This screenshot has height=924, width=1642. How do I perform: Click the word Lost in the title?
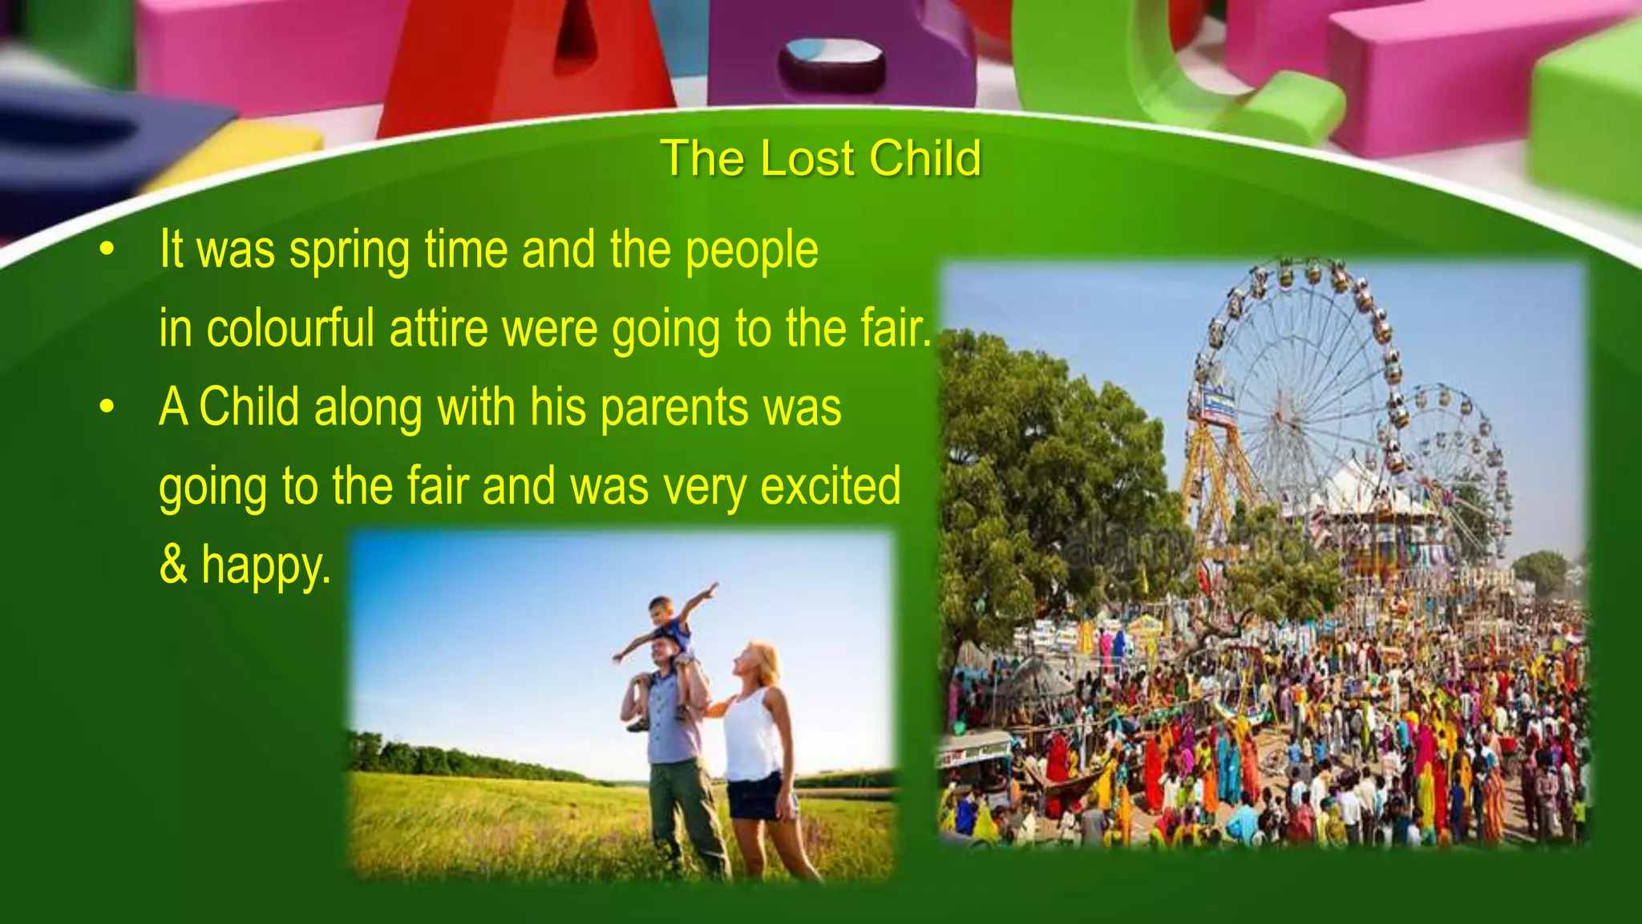coord(807,158)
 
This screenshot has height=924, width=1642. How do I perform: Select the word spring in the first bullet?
coord(350,250)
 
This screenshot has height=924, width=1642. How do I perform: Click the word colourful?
coord(290,328)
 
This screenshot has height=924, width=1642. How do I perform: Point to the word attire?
coord(438,328)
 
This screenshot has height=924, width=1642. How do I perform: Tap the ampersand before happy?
coord(172,564)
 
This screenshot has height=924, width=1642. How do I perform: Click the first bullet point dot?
coord(107,250)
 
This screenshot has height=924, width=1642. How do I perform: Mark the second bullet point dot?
coord(107,407)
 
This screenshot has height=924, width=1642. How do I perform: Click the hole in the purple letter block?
coord(831,61)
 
